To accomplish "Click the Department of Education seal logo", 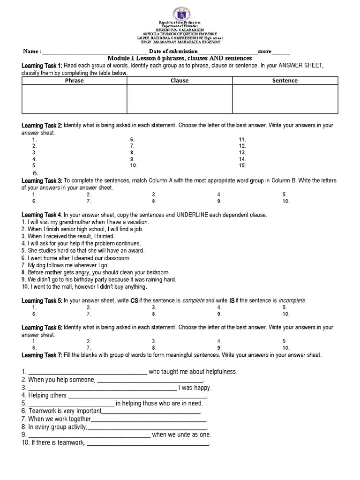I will [x=180, y=10].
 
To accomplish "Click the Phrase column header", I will [x=74, y=81].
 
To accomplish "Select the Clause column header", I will [x=180, y=81].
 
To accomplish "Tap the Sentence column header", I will [x=285, y=81].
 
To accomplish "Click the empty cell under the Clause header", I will [x=180, y=99].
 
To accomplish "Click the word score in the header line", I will [x=264, y=51].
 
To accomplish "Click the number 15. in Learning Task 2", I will [x=242, y=166].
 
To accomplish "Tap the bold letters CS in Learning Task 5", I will [x=134, y=300].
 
